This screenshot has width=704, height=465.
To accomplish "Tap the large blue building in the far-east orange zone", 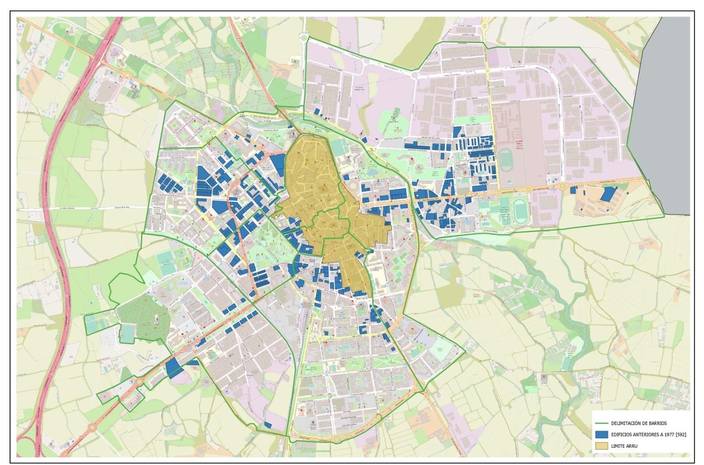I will click(608, 194).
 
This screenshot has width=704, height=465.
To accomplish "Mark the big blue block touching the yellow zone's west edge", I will click(278, 165).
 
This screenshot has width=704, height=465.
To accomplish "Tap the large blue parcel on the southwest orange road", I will click(173, 368).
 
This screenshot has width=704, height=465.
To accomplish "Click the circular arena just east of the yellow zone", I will click(354, 187).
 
